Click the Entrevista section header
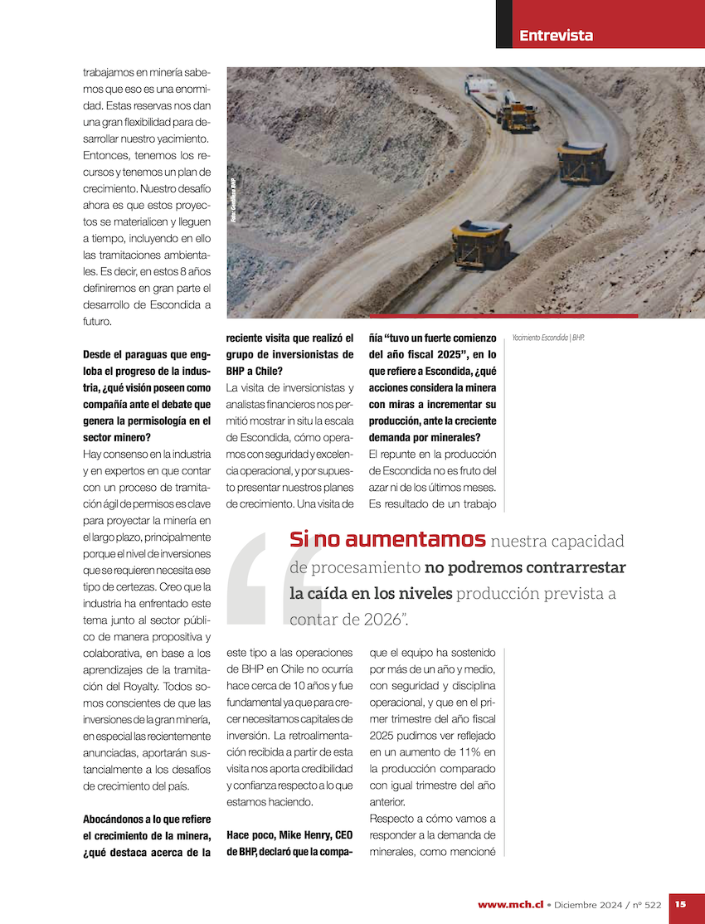click(556, 36)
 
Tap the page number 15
click(680, 904)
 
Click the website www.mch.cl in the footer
click(510, 904)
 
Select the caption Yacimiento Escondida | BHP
click(548, 338)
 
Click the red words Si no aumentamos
click(387, 540)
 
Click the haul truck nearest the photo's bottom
click(481, 242)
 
